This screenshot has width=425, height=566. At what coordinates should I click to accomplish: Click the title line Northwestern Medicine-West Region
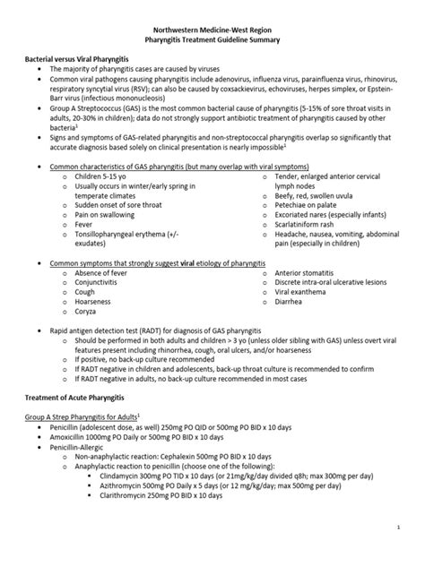[212, 29]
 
